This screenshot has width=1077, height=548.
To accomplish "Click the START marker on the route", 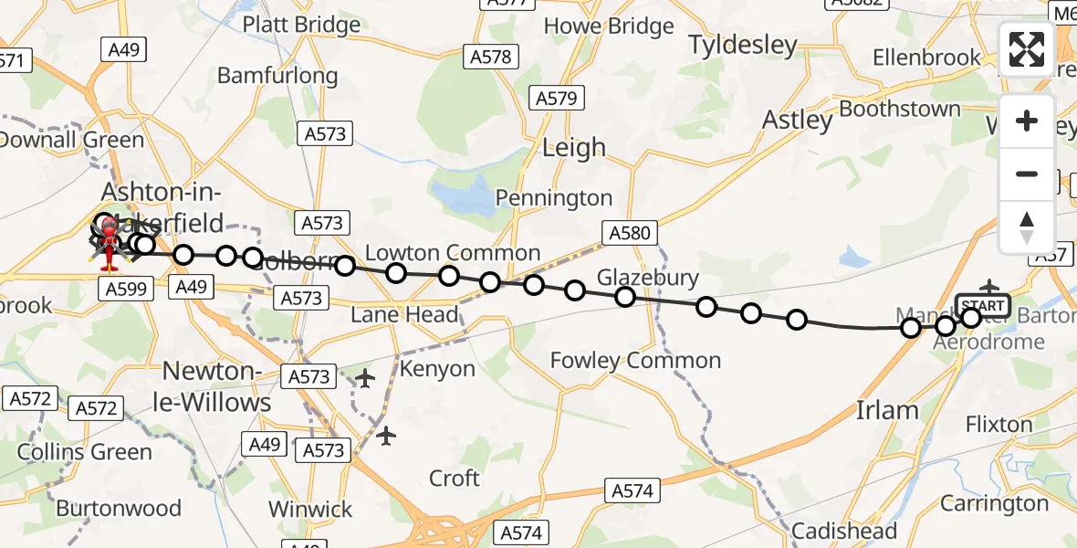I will coord(982,305).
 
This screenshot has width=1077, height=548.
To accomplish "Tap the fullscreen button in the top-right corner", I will coord(1027,49).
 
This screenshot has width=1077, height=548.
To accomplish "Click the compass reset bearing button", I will coord(1027,227).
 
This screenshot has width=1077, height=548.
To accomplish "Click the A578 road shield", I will coord(491,57).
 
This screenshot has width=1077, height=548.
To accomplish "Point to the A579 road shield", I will coord(556,99).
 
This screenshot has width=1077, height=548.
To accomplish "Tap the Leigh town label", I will coord(573,147).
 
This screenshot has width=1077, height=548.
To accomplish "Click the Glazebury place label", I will coord(647,278).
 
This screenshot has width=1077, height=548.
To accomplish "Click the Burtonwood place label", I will coord(119,508).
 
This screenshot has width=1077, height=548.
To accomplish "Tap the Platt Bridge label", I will coord(300,24).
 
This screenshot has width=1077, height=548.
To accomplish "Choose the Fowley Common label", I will coord(635,361).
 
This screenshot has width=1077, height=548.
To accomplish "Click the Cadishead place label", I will coord(843,531).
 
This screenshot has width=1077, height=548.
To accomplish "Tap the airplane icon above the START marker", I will coord(989,287).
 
